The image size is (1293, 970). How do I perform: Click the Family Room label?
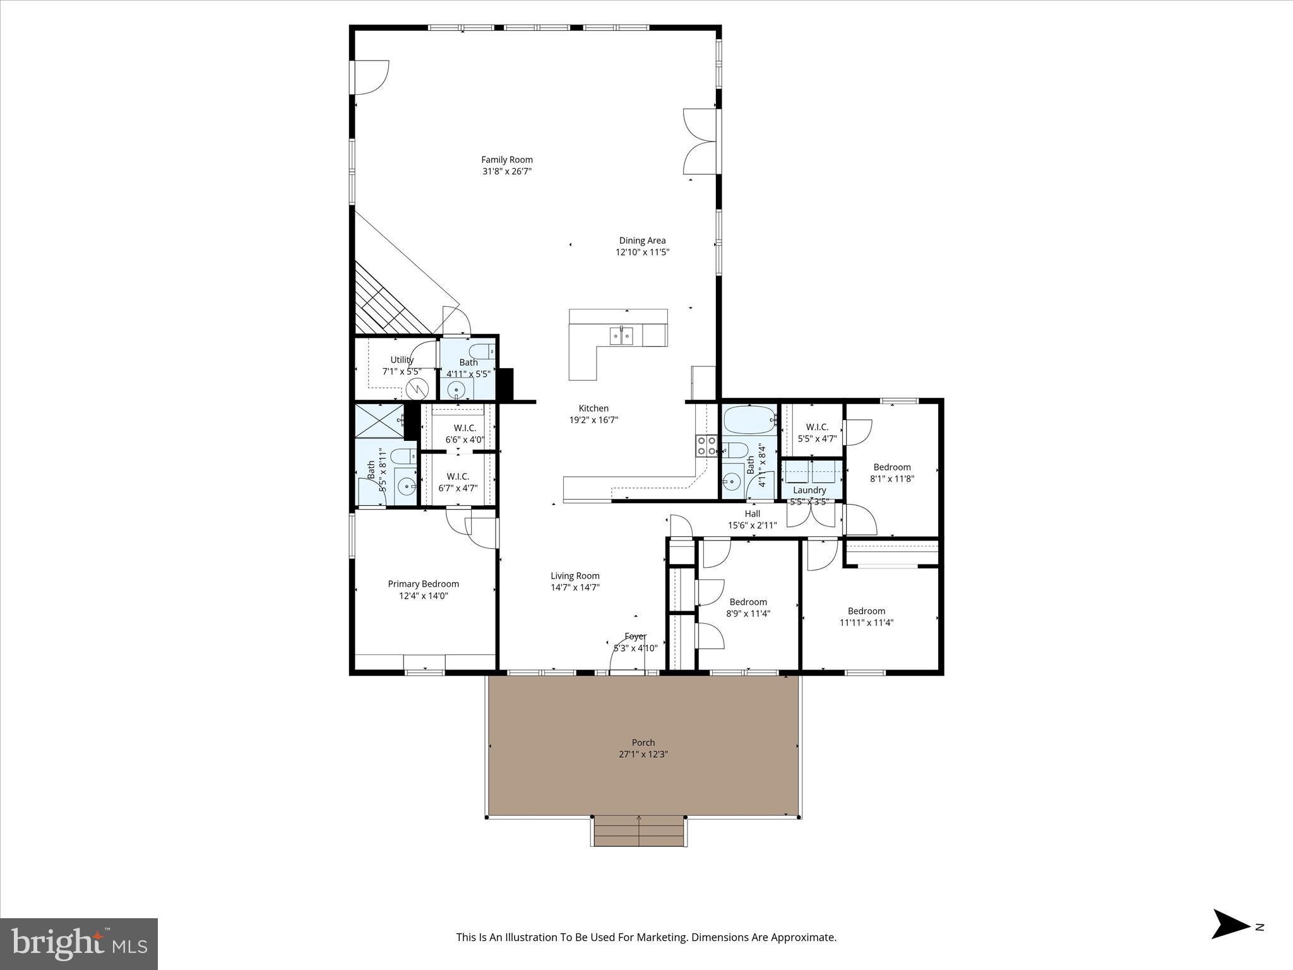point(507,160)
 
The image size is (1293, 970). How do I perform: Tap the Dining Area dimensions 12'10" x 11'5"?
point(642,252)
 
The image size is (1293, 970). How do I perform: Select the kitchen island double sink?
point(621,336)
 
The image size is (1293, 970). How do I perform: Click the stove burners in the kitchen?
point(706,446)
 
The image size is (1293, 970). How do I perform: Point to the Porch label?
point(643,743)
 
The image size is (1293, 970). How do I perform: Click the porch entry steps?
point(639,830)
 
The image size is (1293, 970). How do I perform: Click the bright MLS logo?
point(79,944)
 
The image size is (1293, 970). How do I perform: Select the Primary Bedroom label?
point(423,584)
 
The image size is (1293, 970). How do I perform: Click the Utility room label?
point(402,360)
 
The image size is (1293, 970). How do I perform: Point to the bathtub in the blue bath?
point(749,418)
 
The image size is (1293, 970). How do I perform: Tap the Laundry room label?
point(809,490)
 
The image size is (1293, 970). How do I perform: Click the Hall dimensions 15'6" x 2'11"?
point(752,525)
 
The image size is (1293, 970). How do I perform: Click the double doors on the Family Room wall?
point(700,141)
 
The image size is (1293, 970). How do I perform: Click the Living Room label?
point(575,576)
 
